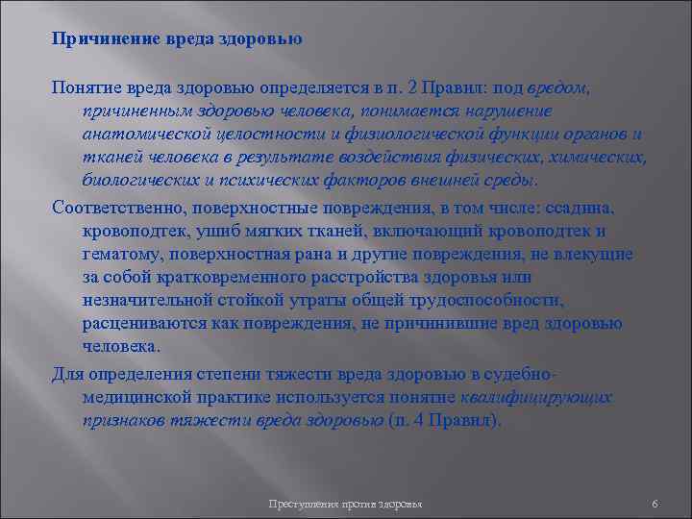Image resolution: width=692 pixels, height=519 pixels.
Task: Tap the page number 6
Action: click(x=654, y=505)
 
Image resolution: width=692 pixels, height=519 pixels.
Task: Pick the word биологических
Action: click(x=137, y=181)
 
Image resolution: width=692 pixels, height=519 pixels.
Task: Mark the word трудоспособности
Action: click(x=511, y=300)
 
